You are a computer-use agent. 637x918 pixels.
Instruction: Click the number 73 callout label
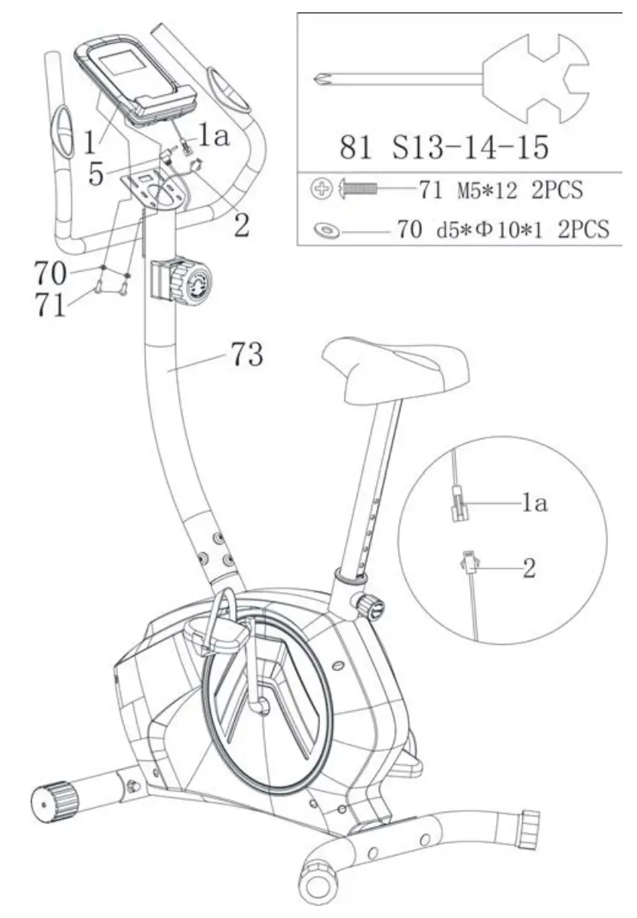pyautogui.click(x=247, y=355)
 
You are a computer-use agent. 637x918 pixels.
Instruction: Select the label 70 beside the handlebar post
pyautogui.click(x=51, y=272)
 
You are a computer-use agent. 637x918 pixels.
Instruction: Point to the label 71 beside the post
pyautogui.click(x=51, y=305)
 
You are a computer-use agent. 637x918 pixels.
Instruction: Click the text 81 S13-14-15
pyautogui.click(x=444, y=147)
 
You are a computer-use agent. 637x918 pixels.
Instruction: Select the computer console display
pyautogui.click(x=126, y=67)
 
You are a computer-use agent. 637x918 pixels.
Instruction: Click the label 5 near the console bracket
pyautogui.click(x=96, y=173)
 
